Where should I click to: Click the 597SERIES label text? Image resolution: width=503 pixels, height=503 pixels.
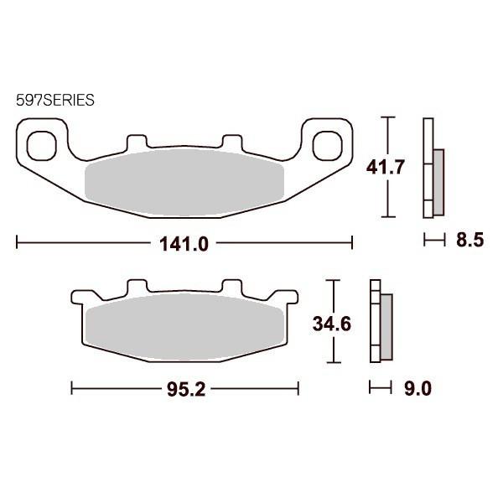[x=54, y=99]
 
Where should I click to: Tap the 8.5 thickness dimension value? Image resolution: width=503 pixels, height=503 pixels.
[x=470, y=241]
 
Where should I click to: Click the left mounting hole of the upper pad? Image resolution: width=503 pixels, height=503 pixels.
[x=39, y=145]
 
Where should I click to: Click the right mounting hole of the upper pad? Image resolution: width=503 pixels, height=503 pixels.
[x=324, y=145]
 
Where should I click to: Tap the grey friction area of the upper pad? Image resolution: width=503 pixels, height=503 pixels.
[x=184, y=178]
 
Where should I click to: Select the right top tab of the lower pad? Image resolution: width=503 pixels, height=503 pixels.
[x=226, y=287]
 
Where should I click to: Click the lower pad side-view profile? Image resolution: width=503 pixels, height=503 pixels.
[x=379, y=322]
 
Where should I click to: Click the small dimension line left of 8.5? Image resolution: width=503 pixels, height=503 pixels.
[x=433, y=241]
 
